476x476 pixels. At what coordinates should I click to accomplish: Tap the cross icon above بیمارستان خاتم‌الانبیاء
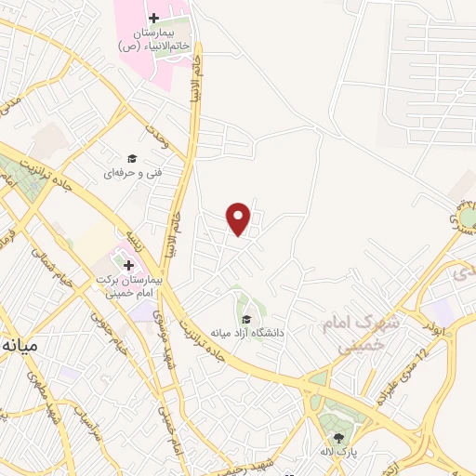point(153,19)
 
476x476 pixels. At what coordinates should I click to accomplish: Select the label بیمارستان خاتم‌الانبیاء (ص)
point(154,38)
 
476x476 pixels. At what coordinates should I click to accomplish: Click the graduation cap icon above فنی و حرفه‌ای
point(132,158)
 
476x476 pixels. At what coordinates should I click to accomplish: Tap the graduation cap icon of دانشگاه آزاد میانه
point(246,319)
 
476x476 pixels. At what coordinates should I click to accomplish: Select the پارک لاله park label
point(339,456)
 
